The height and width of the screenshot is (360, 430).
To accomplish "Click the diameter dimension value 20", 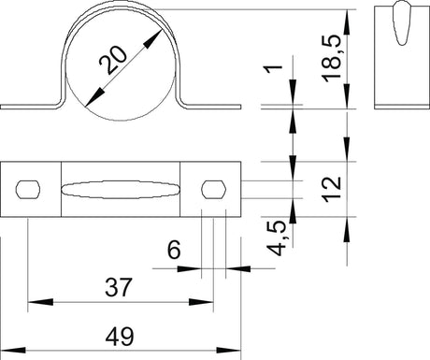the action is tap(113, 61).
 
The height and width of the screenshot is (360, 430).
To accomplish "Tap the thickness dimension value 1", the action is tap(273, 69).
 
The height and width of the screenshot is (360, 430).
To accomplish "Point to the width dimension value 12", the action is tap(332, 189).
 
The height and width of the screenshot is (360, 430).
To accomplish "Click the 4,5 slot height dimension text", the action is tap(277, 238).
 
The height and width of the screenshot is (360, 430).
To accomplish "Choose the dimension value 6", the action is tap(174, 250).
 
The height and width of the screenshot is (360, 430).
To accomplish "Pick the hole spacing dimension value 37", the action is tap(119, 287).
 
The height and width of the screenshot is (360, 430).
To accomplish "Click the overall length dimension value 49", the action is tap(120, 337).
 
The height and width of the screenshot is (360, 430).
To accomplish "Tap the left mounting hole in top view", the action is tap(28, 189).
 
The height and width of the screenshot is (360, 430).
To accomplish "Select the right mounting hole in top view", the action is tap(214, 189).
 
